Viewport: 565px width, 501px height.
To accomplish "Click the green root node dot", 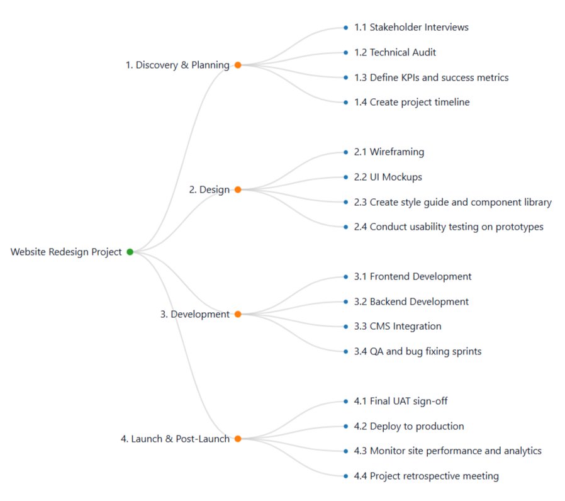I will pyautogui.click(x=130, y=252).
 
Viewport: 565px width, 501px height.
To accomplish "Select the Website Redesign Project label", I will pyautogui.click(x=66, y=252).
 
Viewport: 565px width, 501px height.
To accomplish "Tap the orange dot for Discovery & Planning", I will pyautogui.click(x=238, y=65).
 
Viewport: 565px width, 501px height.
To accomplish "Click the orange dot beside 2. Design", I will pyautogui.click(x=238, y=189).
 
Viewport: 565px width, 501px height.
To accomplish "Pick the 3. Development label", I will pyautogui.click(x=195, y=314).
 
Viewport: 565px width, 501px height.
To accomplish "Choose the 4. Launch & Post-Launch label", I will pyautogui.click(x=175, y=439).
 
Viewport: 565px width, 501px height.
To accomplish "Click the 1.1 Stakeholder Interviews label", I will pyautogui.click(x=411, y=27).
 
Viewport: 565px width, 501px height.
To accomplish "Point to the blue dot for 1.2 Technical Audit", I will pyautogui.click(x=345, y=52).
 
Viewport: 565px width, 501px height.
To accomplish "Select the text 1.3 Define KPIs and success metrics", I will pyautogui.click(x=431, y=77).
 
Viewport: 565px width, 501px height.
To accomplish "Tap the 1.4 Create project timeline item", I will pyautogui.click(x=411, y=102).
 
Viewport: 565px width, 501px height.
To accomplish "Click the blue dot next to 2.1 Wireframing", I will pyautogui.click(x=345, y=152).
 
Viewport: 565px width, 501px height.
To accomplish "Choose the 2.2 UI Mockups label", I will pyautogui.click(x=388, y=177).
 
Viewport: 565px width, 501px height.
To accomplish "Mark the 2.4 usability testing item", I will pyautogui.click(x=448, y=227).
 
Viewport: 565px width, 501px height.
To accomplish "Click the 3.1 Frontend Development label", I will pyautogui.click(x=412, y=276).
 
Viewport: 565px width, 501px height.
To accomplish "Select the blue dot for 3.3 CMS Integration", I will pyautogui.click(x=345, y=326).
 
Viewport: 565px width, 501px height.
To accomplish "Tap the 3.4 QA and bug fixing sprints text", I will pyautogui.click(x=417, y=351).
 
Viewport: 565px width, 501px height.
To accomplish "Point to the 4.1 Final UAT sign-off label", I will pyautogui.click(x=400, y=401).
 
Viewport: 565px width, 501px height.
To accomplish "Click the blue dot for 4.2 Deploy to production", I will pyautogui.click(x=345, y=426).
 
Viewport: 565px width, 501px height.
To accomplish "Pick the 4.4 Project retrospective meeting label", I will pyautogui.click(x=426, y=476).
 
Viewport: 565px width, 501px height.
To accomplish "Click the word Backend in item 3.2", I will pyautogui.click(x=389, y=301).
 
